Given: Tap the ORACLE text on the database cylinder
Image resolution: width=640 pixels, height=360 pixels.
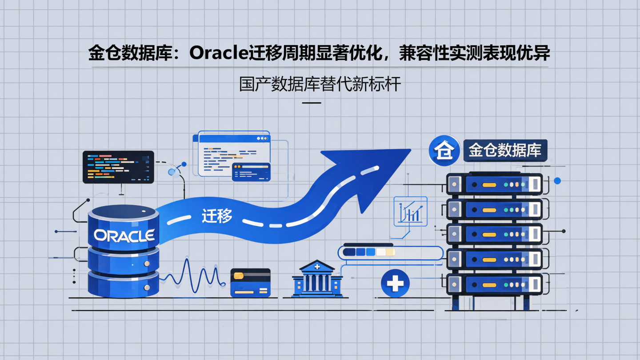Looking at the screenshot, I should pyautogui.click(x=124, y=235).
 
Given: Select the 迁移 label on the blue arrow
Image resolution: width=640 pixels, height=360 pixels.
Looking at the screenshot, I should pyautogui.click(x=217, y=216).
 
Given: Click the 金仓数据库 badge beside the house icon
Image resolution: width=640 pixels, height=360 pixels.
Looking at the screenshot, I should pyautogui.click(x=505, y=150).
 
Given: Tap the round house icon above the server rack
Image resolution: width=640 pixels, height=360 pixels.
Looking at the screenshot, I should pyautogui.click(x=444, y=151).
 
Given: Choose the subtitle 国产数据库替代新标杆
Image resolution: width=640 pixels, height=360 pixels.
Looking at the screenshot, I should pyautogui.click(x=320, y=84).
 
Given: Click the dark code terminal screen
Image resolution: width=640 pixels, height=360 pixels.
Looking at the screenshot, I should pyautogui.click(x=118, y=167).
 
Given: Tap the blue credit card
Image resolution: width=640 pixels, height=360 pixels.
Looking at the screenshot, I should pyautogui.click(x=251, y=283).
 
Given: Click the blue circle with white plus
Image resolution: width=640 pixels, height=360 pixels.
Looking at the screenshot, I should pyautogui.click(x=395, y=283).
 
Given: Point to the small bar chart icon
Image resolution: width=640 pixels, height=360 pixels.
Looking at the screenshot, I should pyautogui.click(x=410, y=212).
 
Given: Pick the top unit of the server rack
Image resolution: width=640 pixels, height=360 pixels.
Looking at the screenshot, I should pyautogui.click(x=494, y=184).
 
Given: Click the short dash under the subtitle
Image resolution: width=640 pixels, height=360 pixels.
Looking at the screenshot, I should pyautogui.click(x=311, y=103).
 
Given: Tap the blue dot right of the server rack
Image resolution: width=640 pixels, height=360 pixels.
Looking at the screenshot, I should pyautogui.click(x=557, y=181).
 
